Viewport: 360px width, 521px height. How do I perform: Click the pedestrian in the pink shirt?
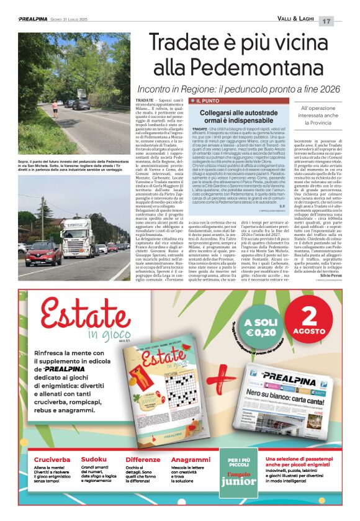tap(55, 109)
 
